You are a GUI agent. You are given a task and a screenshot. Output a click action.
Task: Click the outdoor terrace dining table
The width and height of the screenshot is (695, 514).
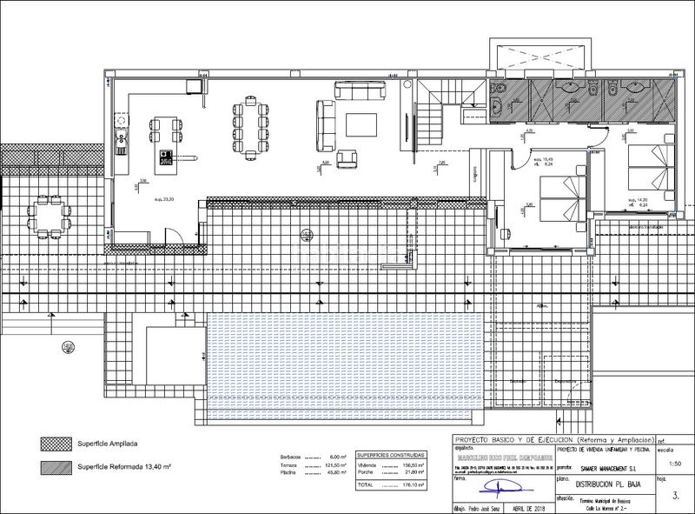coord(46,215)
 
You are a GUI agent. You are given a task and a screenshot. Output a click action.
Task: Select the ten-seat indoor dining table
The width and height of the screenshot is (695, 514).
coord(248,122)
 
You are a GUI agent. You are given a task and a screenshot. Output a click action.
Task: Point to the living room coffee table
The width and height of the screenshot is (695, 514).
coord(362,125)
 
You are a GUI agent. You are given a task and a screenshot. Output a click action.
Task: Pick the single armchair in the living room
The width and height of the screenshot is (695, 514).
coord(347,158)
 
